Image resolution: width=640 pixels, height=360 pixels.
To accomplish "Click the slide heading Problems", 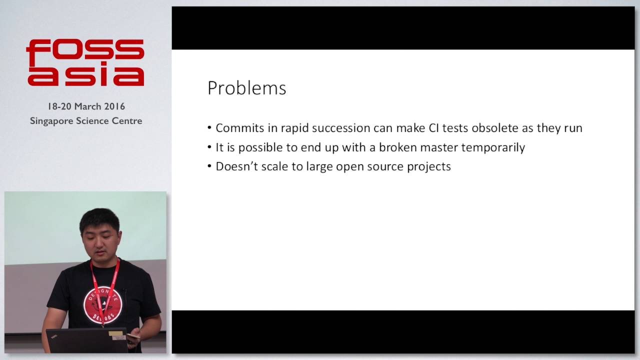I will click(246, 88).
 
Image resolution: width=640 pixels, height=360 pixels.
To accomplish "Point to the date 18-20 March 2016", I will click(86, 106).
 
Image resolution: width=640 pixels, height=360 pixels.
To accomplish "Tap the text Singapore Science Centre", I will click(86, 121).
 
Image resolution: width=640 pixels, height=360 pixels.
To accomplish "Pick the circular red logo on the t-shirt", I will click(103, 305).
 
